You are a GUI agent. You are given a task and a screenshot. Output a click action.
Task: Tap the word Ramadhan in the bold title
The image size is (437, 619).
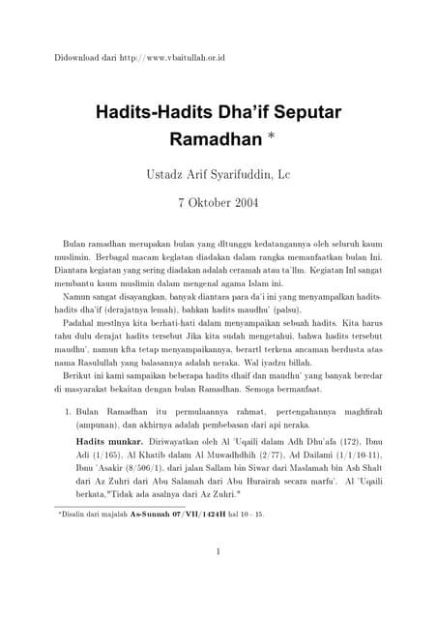click(x=216, y=139)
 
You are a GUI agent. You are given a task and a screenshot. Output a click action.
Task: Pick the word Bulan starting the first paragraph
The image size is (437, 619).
click(x=74, y=238)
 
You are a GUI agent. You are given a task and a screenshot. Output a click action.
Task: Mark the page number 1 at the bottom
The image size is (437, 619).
click(x=218, y=553)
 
